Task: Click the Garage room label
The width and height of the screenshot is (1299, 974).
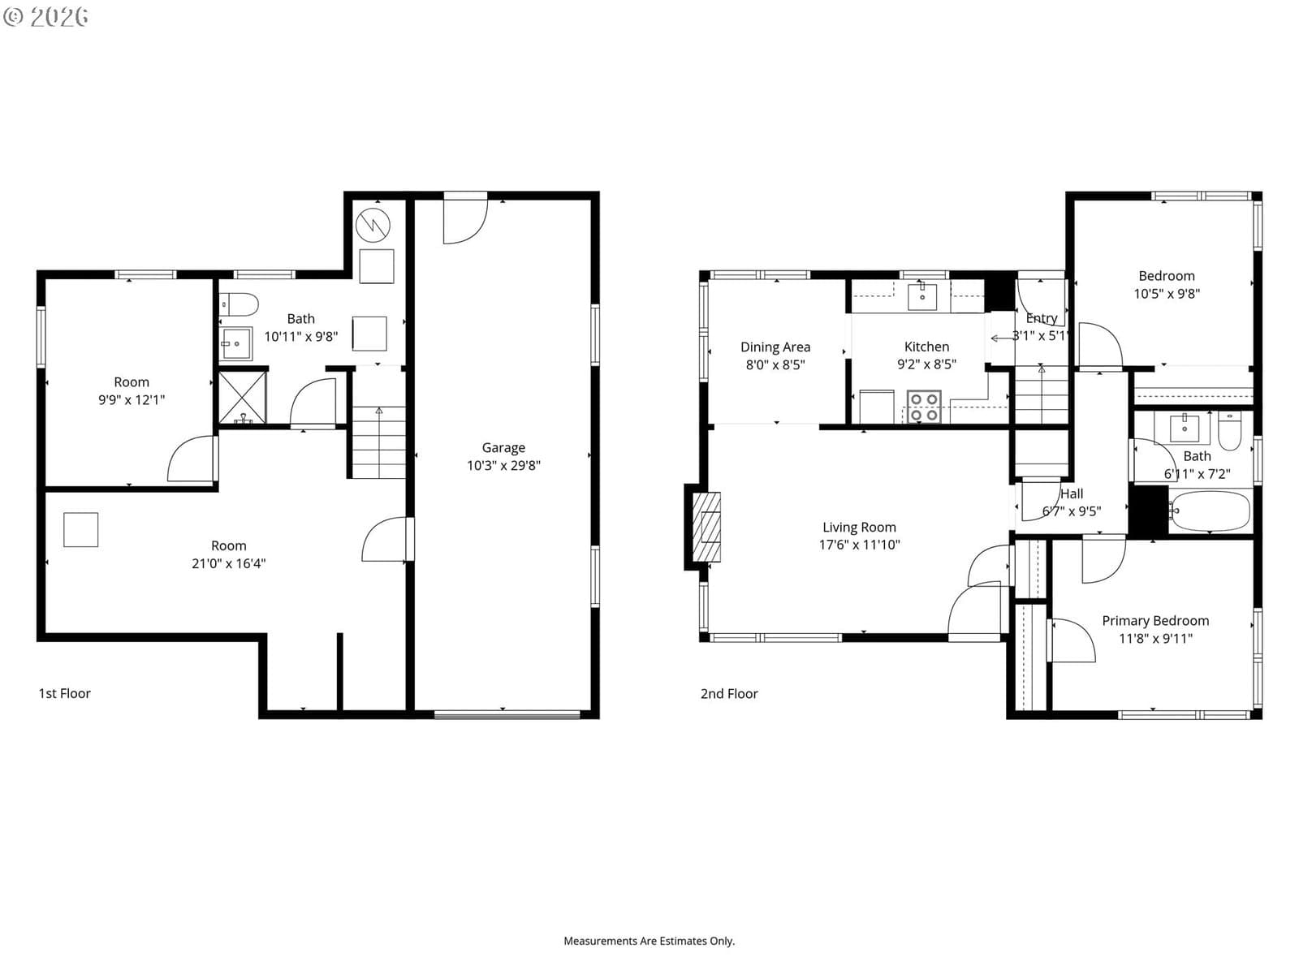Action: click(503, 448)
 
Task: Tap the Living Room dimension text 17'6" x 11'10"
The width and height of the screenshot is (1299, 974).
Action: click(859, 545)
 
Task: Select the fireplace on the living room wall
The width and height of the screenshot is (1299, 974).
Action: click(706, 527)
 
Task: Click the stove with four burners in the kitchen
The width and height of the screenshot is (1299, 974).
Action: click(924, 407)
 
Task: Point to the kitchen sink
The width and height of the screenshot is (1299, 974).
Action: click(922, 297)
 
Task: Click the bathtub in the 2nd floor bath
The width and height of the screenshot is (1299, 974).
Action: click(1211, 511)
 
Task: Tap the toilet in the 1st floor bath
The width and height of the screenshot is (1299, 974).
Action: click(239, 304)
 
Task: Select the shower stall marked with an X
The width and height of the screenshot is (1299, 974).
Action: click(243, 398)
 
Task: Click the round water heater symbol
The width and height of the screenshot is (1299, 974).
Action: click(373, 226)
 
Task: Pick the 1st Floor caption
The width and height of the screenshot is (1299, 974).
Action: click(64, 693)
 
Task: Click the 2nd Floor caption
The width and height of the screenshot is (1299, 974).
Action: click(729, 694)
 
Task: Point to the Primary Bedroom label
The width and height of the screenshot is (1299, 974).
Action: click(1155, 620)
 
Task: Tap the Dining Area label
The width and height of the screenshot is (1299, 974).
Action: click(775, 347)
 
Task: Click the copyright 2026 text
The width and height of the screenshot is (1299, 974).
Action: click(45, 16)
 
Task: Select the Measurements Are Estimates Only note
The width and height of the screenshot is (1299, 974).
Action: click(649, 941)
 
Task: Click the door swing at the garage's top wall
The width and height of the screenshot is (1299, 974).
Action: click(466, 221)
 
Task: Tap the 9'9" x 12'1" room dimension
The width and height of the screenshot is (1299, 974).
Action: click(132, 400)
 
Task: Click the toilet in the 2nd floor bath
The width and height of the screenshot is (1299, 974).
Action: click(1228, 432)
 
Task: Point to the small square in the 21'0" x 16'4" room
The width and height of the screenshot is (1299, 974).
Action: click(81, 529)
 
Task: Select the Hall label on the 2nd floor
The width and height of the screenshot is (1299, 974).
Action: click(1072, 493)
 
